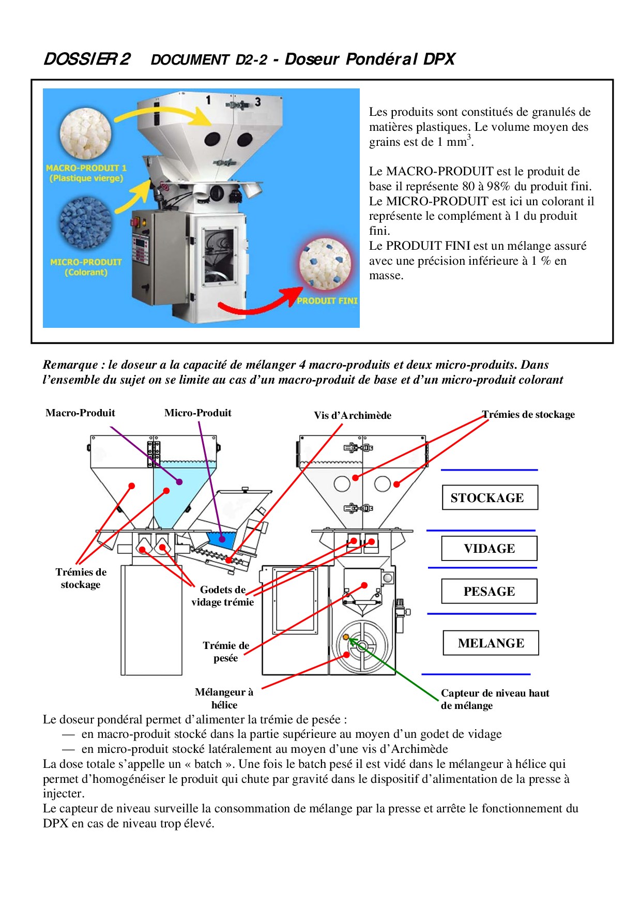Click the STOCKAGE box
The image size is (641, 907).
490,497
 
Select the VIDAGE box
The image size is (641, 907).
489,548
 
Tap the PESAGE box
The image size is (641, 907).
489,591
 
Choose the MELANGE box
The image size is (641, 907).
491,643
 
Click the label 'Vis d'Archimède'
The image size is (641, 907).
353,415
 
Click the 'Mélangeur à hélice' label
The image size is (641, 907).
224,698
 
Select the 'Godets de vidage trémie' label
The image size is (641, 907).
223,596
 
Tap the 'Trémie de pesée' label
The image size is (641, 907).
226,652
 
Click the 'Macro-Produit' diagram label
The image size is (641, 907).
80,413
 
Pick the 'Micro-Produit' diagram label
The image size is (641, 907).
197,413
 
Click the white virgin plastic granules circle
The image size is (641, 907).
86,134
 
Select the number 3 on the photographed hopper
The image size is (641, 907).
257,102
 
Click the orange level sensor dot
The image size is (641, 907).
346,637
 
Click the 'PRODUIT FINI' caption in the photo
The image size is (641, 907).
327,300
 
